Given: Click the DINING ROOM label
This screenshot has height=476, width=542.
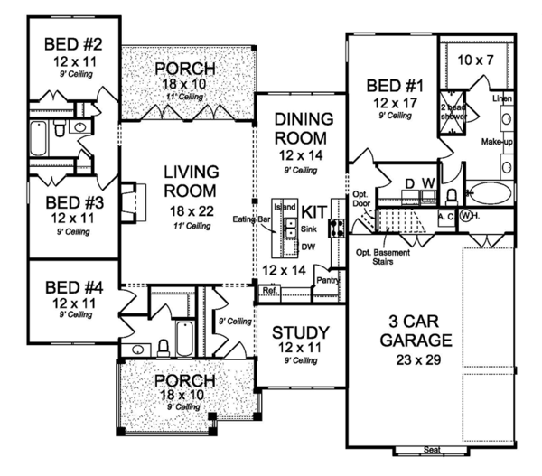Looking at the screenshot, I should coord(299,129).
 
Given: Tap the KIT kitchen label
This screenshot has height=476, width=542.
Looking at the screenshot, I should coord(314,210).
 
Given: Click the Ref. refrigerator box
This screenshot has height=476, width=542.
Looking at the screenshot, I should coord(269,291).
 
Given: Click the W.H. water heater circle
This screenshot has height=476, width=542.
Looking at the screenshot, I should coord(469,217).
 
